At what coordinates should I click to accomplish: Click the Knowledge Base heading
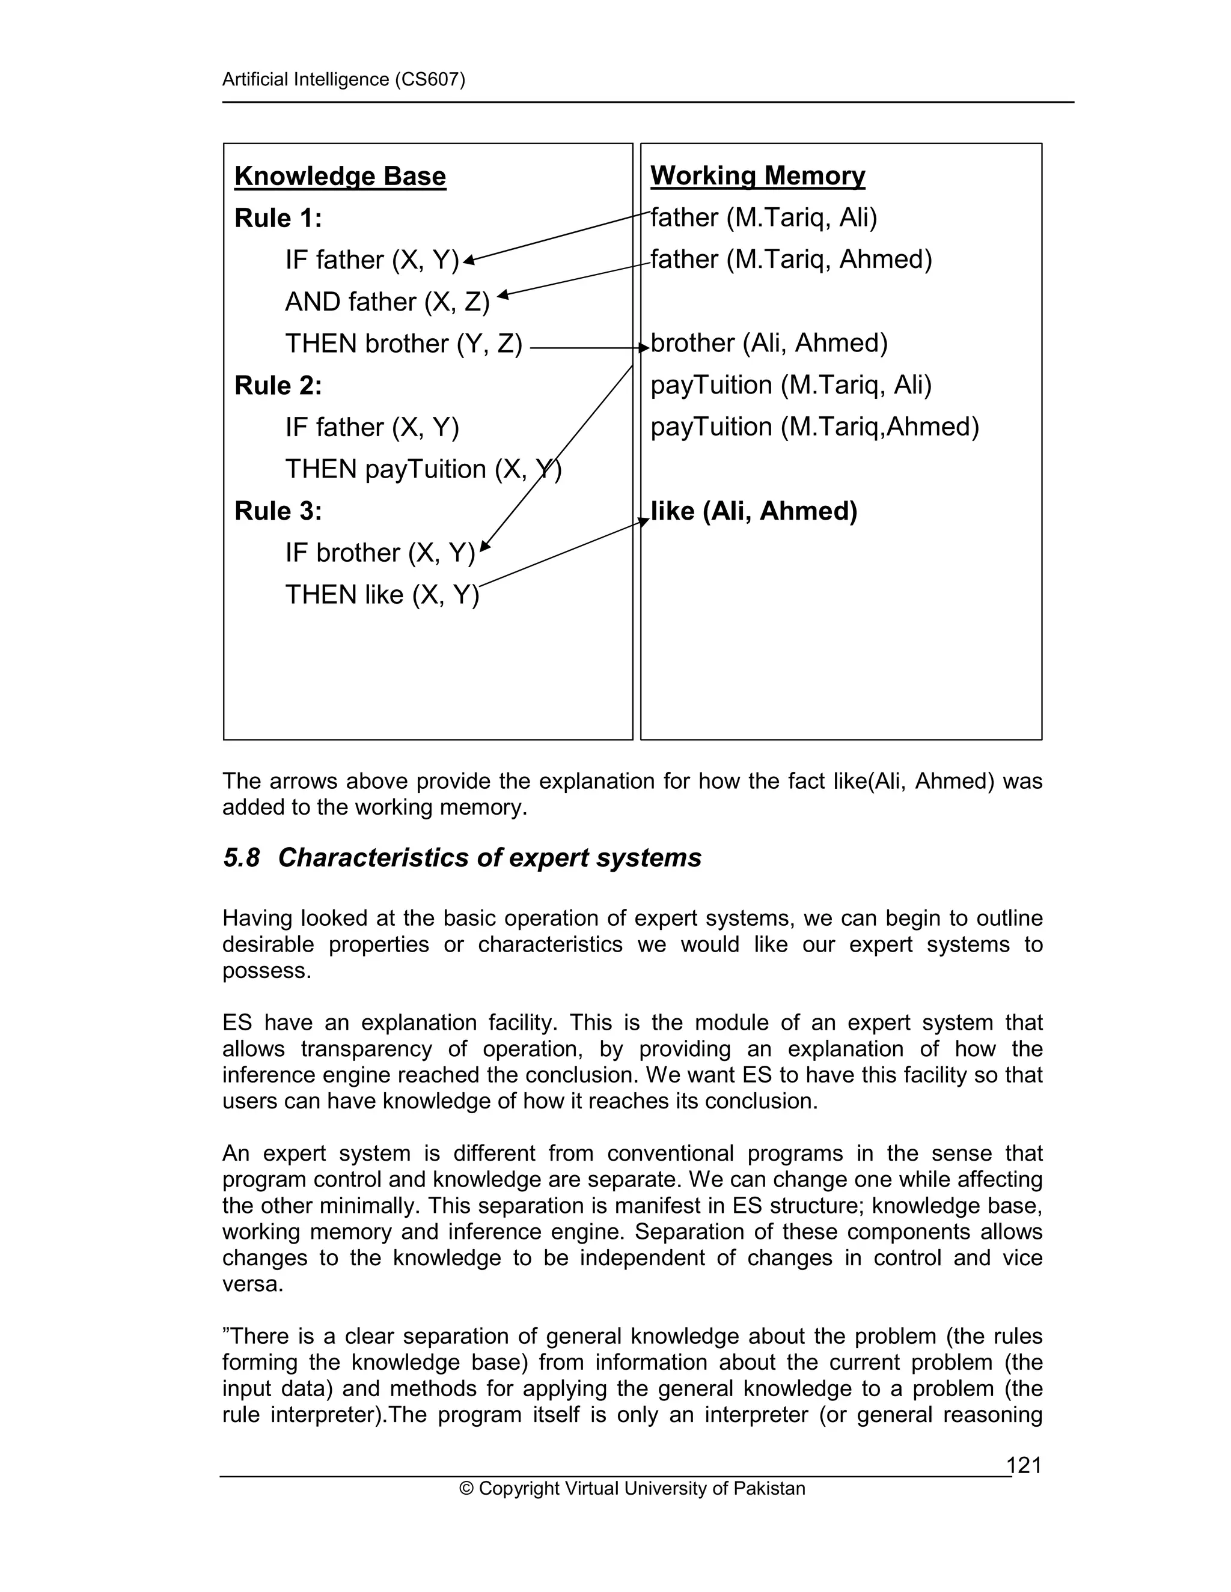pos(340,177)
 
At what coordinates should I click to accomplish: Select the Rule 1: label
pos(278,218)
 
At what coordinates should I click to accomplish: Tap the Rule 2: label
pos(278,386)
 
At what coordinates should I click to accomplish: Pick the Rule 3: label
pos(278,511)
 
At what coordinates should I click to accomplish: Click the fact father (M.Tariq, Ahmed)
pos(791,260)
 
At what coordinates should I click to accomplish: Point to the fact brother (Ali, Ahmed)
pos(769,343)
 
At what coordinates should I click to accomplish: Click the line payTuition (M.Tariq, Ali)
pos(791,385)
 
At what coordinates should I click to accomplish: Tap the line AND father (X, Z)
pos(387,302)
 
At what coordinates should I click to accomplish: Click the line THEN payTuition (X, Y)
pos(423,469)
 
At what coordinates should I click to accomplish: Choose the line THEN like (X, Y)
pos(382,595)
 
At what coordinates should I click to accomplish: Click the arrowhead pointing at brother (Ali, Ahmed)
pos(644,348)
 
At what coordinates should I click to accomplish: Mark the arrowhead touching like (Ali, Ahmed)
pos(643,520)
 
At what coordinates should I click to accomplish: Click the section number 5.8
pos(242,858)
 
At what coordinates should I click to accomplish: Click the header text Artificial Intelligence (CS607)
pos(343,79)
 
